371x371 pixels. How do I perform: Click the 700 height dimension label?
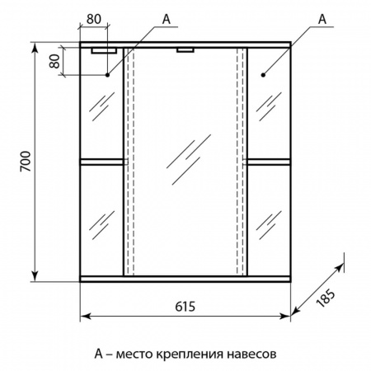pos(26,162)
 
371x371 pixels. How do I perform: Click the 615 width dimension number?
pos(185,307)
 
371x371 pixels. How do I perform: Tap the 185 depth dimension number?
pos(326,298)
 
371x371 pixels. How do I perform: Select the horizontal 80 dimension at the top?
pos(94,19)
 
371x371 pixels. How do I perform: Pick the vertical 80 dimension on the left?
pos(54,61)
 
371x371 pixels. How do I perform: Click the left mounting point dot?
pos(107,75)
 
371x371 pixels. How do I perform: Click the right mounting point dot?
pos(263,75)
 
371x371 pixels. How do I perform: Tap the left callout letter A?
pos(167,19)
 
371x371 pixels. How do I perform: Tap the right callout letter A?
pos(322,19)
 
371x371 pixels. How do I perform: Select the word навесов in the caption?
pos(251,354)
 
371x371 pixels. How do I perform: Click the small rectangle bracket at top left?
pos(104,51)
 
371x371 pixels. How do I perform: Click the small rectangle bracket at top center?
pos(185,50)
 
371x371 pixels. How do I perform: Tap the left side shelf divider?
pos(101,162)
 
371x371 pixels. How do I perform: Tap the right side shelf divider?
pos(269,162)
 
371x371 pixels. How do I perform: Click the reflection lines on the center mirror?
pos(189,159)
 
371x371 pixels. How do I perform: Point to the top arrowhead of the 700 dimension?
pos(35,47)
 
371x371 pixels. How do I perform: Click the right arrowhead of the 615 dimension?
pos(286,317)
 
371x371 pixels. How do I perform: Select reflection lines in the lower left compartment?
pos(101,225)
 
